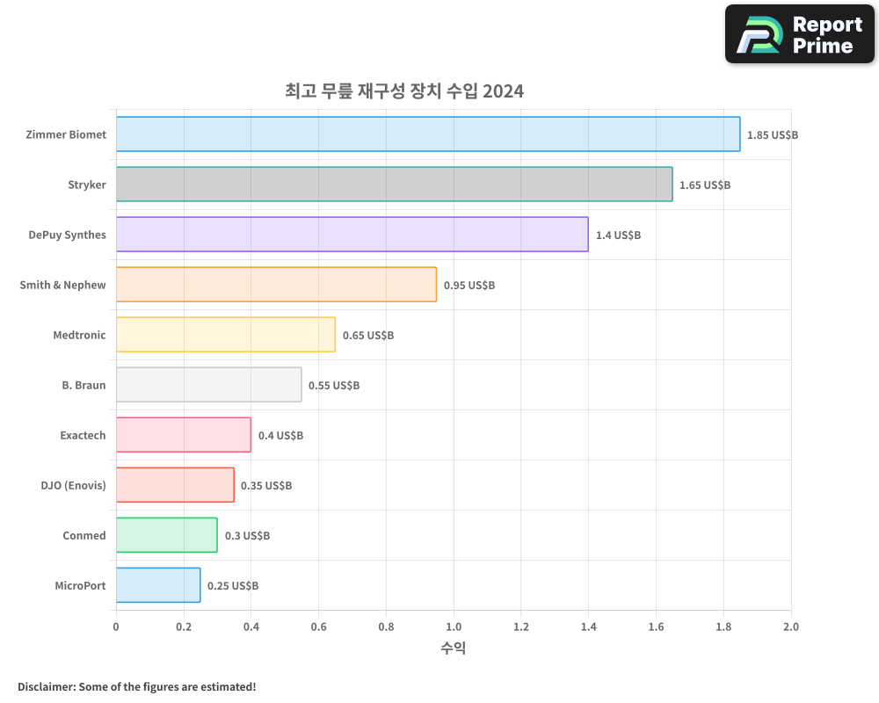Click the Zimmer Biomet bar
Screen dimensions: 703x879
coord(428,134)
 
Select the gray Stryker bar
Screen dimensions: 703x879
coord(394,185)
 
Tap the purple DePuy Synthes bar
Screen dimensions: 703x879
coord(352,235)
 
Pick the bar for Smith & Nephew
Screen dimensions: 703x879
coord(276,285)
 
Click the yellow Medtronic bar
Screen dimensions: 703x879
coord(225,335)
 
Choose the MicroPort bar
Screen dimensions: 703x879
coord(158,585)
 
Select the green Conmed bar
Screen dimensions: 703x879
coord(166,535)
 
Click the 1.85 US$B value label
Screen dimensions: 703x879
coord(772,135)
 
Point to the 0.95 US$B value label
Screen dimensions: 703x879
coord(469,286)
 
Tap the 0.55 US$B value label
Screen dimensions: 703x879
coord(333,386)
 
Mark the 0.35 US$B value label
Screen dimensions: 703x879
coord(265,486)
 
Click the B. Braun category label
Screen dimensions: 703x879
coord(84,386)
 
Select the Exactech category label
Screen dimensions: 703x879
coord(83,436)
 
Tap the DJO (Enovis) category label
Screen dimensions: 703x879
coord(73,486)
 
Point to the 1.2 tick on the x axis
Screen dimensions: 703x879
coord(520,627)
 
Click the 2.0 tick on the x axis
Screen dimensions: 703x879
coord(790,627)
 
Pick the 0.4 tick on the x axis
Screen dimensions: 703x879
coord(251,627)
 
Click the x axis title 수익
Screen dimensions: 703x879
coord(453,649)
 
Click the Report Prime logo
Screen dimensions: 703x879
coord(799,34)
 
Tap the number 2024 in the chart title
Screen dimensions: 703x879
coord(503,91)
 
